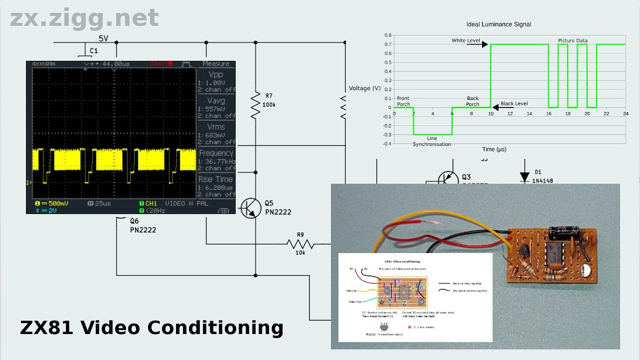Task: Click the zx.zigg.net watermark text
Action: click(x=84, y=18)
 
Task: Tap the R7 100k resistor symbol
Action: click(x=255, y=105)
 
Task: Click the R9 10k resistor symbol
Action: click(x=300, y=244)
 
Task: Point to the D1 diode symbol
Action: click(x=524, y=176)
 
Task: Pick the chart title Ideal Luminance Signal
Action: click(x=498, y=24)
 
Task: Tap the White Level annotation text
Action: click(x=465, y=40)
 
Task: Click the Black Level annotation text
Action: click(x=514, y=103)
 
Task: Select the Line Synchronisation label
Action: click(x=432, y=141)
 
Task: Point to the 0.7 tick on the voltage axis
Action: click(x=388, y=45)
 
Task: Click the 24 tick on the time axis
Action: click(x=625, y=114)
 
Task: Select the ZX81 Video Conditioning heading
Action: click(x=151, y=327)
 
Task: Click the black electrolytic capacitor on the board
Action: click(x=560, y=232)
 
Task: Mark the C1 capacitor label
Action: click(x=93, y=51)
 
